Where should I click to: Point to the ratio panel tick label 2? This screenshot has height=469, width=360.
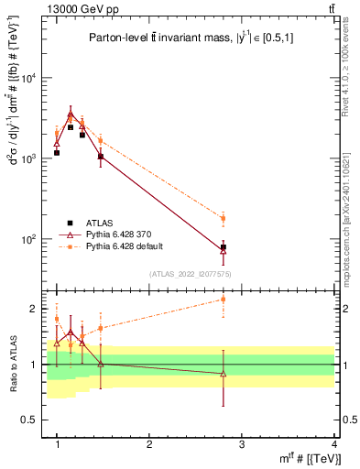(x=37, y=309)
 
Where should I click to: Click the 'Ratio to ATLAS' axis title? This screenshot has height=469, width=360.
(x=13, y=365)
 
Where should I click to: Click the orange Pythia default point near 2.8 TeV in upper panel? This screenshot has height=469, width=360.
(x=223, y=218)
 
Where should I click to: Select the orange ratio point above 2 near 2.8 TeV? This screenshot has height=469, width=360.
(x=223, y=299)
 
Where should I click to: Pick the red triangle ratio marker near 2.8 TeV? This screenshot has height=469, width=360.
(x=223, y=373)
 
